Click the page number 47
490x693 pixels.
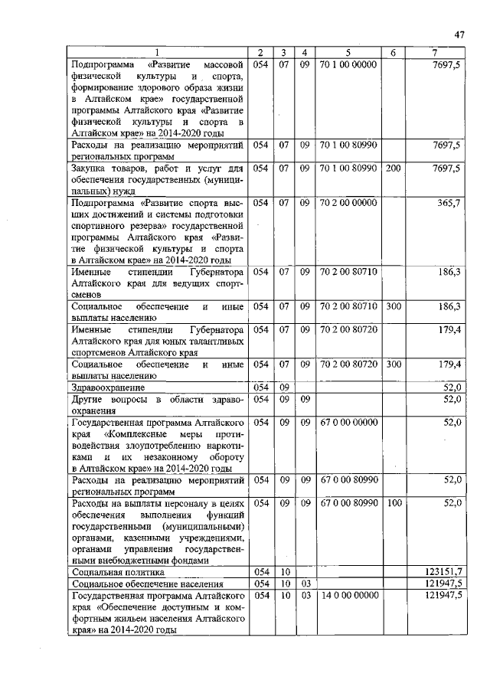coord(459,34)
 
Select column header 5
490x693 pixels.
coord(348,52)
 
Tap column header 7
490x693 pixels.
coord(434,52)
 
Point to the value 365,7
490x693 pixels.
coord(449,203)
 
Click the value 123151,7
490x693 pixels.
coord(443,571)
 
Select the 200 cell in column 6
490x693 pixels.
coord(393,168)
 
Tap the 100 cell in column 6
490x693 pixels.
coord(393,502)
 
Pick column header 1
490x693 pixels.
coord(158,52)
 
